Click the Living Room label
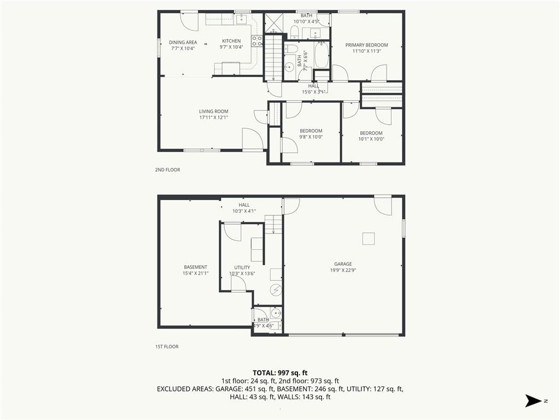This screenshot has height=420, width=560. (x=214, y=112)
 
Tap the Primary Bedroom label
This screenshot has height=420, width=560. (x=366, y=45)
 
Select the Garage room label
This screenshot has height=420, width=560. (x=343, y=264)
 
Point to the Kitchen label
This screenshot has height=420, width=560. (x=231, y=41)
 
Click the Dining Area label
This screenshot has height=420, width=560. (x=183, y=43)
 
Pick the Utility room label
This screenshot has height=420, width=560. (x=242, y=267)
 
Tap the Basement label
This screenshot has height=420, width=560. (x=195, y=267)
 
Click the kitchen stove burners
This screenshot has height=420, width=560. (x=256, y=40)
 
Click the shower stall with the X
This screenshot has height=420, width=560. (x=274, y=22)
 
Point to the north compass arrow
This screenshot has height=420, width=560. (x=534, y=401)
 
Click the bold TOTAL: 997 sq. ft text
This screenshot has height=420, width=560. (x=280, y=373)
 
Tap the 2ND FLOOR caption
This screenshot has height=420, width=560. (x=167, y=170)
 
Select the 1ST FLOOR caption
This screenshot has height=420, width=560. (x=167, y=346)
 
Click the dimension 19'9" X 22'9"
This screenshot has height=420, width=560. (x=343, y=270)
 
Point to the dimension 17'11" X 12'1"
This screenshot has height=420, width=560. (x=214, y=118)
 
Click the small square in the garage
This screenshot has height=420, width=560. (x=368, y=238)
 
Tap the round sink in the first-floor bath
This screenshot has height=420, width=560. (x=276, y=314)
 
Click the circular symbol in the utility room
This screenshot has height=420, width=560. (x=276, y=290)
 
